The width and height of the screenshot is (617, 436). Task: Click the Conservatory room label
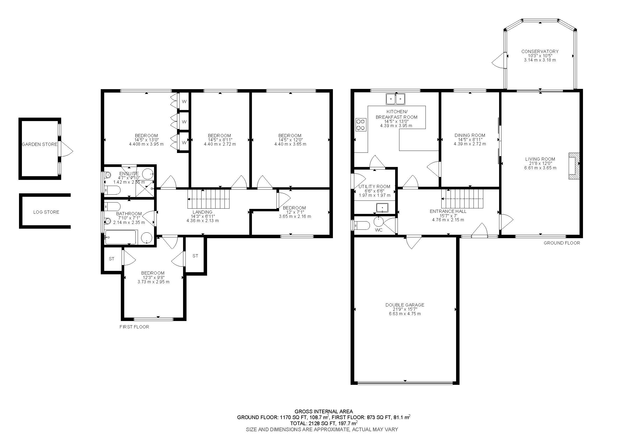540,51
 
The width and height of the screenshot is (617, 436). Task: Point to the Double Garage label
405,305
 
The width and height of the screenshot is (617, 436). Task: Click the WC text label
379,230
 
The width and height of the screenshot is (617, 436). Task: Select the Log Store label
46,212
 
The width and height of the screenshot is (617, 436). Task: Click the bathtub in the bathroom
121,237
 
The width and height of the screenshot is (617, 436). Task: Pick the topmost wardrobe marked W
184,102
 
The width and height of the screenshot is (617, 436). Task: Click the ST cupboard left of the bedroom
112,259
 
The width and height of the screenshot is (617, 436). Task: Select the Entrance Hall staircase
462,199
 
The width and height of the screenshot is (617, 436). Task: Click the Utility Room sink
382,208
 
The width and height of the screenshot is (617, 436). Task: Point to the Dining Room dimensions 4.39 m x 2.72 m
470,144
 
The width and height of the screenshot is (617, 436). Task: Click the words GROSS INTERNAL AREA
324,411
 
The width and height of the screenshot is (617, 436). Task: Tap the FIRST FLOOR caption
134,327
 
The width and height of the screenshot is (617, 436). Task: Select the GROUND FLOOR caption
562,243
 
